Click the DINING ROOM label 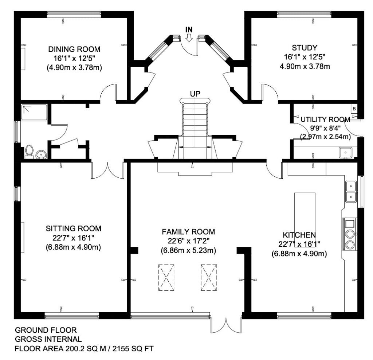click(x=74, y=49)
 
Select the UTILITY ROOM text click(x=325, y=120)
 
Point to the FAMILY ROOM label click(x=188, y=232)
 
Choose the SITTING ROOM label click(x=73, y=229)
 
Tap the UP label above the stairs click(x=195, y=94)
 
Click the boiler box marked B click(x=353, y=109)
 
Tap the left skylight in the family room click(x=166, y=277)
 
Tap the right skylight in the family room click(x=209, y=277)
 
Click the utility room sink click(x=344, y=152)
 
